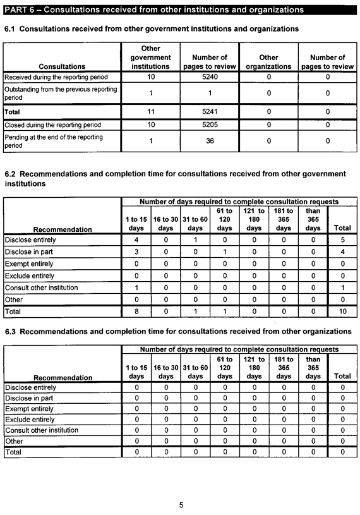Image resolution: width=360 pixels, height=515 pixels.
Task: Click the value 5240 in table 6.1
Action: point(209,76)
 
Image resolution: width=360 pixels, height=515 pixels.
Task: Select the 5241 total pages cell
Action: point(209,111)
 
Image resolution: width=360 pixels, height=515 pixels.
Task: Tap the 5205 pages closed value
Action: point(209,124)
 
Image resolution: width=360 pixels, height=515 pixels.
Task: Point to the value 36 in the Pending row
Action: point(209,142)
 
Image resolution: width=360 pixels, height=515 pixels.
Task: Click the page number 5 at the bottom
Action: point(181,505)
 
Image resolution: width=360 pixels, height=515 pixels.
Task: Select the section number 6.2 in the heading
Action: point(11,174)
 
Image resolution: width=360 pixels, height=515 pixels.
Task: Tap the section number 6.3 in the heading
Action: point(11,331)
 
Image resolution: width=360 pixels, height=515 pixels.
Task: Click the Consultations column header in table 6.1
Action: point(62,66)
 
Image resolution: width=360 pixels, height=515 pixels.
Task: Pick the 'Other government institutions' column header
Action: point(150,57)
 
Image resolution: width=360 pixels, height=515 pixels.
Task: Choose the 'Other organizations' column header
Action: point(268,61)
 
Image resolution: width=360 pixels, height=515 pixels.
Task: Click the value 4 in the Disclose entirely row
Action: point(136,239)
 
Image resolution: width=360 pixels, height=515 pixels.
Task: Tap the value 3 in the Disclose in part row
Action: point(136,252)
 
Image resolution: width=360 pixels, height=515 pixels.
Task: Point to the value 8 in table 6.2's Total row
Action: point(136,312)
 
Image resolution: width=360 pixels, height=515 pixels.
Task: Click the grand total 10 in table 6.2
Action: point(342,312)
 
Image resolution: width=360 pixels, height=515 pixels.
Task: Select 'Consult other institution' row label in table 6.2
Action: point(42,288)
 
